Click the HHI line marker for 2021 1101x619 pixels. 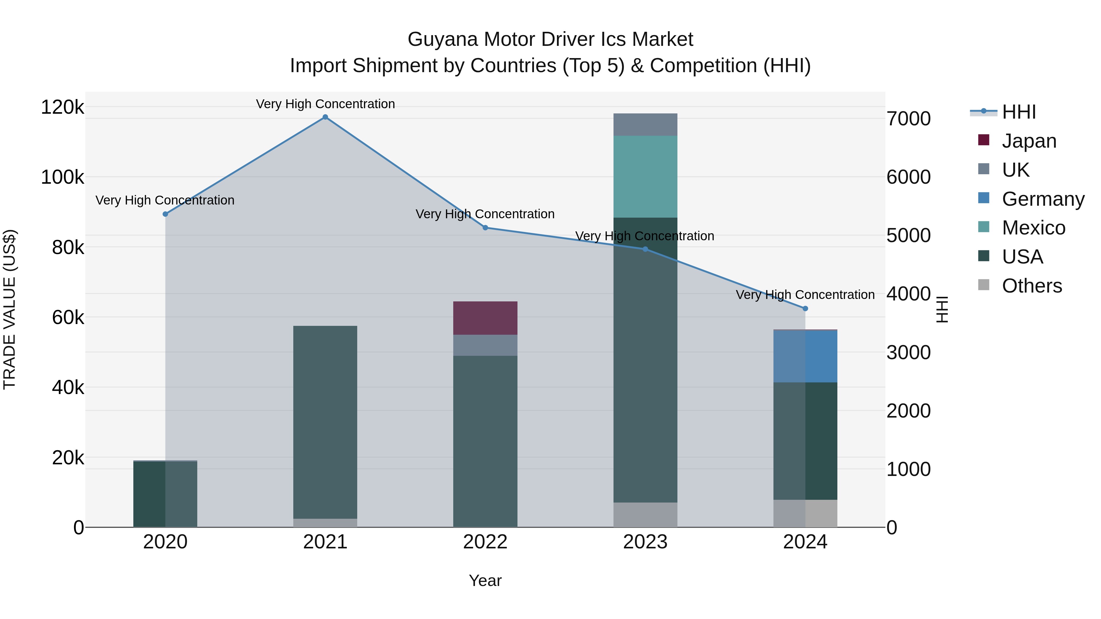325,117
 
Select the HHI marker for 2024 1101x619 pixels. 805,308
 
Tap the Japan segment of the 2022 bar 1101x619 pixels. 485,318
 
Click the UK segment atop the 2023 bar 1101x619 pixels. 645,124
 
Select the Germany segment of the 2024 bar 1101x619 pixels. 805,356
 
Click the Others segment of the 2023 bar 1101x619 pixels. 645,514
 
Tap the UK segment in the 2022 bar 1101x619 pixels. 485,345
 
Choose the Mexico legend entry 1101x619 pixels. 1033,228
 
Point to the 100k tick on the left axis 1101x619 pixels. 62,177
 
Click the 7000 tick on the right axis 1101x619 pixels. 909,119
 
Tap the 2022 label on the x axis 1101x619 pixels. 485,542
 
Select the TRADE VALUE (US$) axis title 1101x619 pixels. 9,309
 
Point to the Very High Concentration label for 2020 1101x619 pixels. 165,200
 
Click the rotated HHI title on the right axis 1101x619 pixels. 942,309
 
